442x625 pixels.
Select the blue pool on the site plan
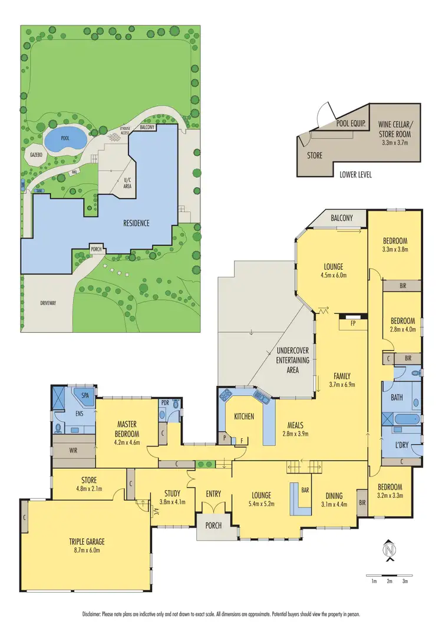(x=64, y=140)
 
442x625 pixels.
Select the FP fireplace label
(x=353, y=323)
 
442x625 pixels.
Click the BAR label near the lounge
(x=305, y=490)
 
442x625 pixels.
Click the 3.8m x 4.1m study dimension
(x=172, y=502)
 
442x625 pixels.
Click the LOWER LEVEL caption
(x=355, y=175)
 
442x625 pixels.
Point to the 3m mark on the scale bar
(x=405, y=581)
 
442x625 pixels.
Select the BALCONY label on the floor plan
(x=341, y=218)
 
